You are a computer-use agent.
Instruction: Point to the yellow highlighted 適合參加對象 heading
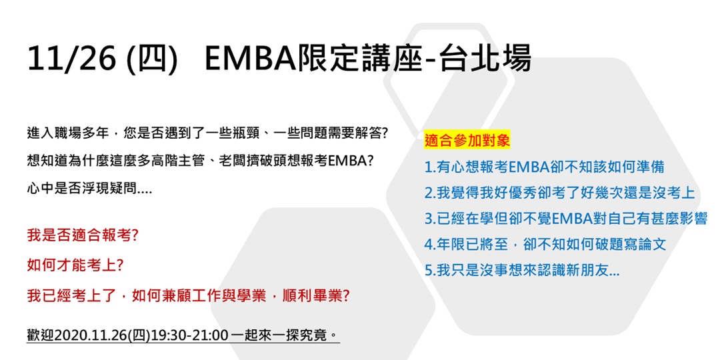[x=467, y=141]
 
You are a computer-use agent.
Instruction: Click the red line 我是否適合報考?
[x=83, y=237]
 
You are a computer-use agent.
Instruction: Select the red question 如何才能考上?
[x=75, y=266]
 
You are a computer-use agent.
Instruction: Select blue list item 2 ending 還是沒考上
[x=560, y=193]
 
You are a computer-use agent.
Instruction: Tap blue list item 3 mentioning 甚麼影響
[x=566, y=219]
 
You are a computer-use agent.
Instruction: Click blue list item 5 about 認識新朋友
[x=522, y=271]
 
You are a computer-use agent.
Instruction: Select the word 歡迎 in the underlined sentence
[x=41, y=335]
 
